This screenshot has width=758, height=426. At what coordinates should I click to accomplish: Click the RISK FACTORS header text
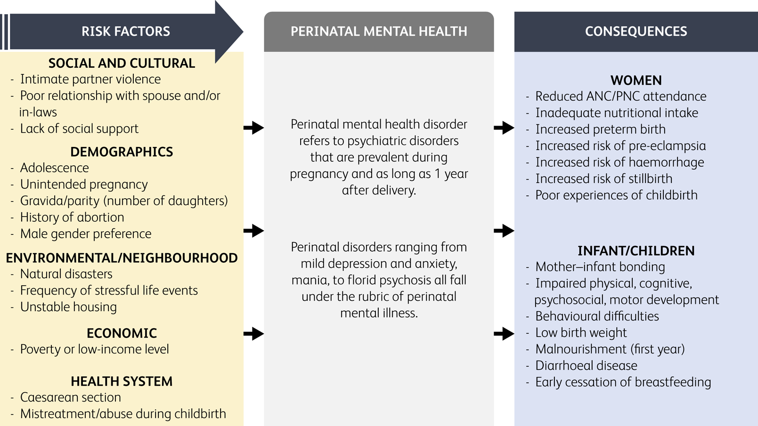tap(125, 32)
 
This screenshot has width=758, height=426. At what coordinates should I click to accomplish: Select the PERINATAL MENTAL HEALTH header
tap(379, 32)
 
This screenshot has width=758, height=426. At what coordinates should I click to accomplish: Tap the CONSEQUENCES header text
tap(636, 32)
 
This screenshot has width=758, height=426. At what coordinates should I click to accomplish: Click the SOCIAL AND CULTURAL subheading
tap(122, 63)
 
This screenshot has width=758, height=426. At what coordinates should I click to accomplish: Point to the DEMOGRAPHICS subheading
tap(122, 152)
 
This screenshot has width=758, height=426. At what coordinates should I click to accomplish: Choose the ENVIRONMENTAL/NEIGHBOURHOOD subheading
tap(122, 258)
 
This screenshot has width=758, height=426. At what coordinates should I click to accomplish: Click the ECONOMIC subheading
tap(122, 333)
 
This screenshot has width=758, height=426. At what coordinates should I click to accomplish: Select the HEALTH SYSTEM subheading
tap(122, 381)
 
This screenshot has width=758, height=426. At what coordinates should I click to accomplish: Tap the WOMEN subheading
tap(636, 80)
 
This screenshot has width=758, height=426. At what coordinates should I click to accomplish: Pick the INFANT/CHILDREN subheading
tap(636, 251)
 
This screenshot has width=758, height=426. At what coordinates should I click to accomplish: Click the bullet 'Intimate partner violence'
tap(90, 79)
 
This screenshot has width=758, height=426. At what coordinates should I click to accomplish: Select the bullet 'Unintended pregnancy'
tap(83, 185)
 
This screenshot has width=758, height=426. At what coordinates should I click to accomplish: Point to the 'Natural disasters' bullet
tap(66, 274)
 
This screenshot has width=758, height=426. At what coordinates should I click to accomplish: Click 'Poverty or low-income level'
tap(94, 349)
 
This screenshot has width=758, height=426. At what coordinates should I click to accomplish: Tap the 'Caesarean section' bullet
tap(70, 397)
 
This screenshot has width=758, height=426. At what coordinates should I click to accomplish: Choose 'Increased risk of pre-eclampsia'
tap(620, 146)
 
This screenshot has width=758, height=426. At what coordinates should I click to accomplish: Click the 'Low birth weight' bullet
tap(581, 333)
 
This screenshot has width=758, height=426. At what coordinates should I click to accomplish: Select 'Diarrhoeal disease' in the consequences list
tap(586, 365)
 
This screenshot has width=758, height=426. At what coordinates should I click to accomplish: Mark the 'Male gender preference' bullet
tap(86, 234)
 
